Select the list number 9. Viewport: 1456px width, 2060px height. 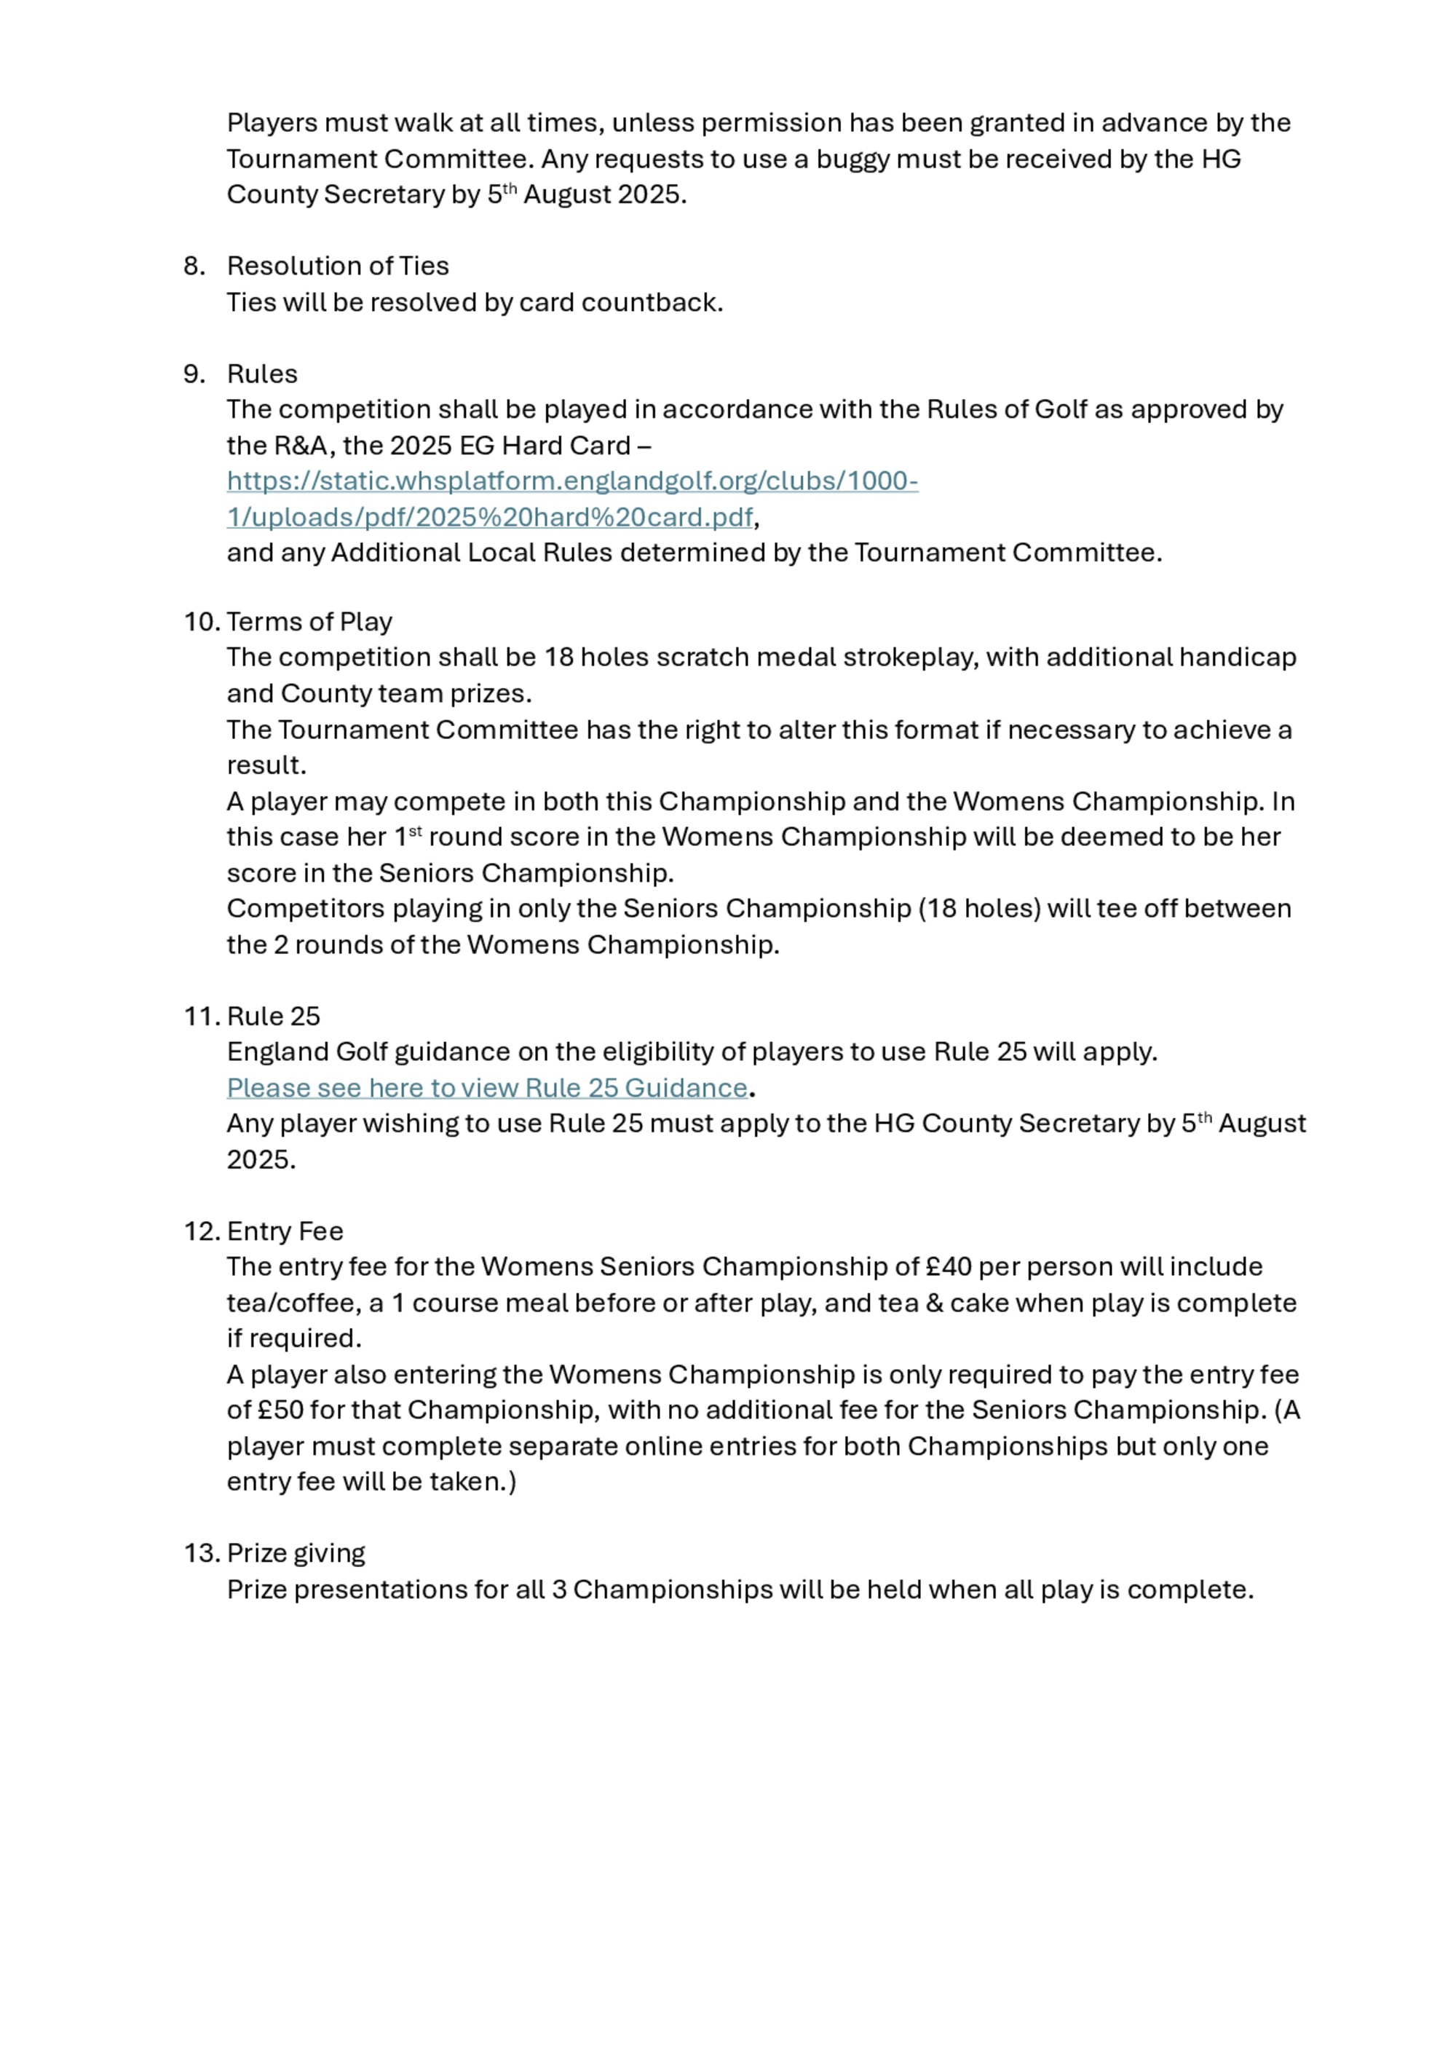tap(194, 374)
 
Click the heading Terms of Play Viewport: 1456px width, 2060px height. tap(309, 621)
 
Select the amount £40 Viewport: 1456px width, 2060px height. tap(949, 1266)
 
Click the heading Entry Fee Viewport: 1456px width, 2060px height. tap(285, 1230)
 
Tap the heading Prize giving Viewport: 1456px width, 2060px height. tap(296, 1552)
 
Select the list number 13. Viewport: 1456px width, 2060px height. tap(201, 1552)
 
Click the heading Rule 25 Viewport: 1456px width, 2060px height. tap(274, 1016)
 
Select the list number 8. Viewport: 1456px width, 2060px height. tap(194, 266)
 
